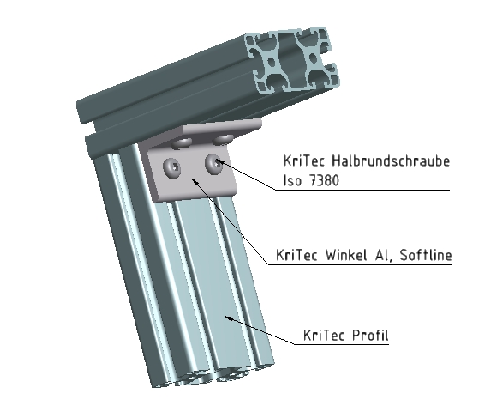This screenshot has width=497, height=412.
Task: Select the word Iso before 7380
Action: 294,181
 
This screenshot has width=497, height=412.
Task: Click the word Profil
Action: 368,336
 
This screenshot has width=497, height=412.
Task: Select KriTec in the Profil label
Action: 325,336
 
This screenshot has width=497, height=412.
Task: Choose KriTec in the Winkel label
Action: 300,255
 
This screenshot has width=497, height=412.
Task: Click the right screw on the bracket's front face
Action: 213,161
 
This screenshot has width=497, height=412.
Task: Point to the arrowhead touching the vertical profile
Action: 226,317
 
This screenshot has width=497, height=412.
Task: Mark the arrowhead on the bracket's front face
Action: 195,180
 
